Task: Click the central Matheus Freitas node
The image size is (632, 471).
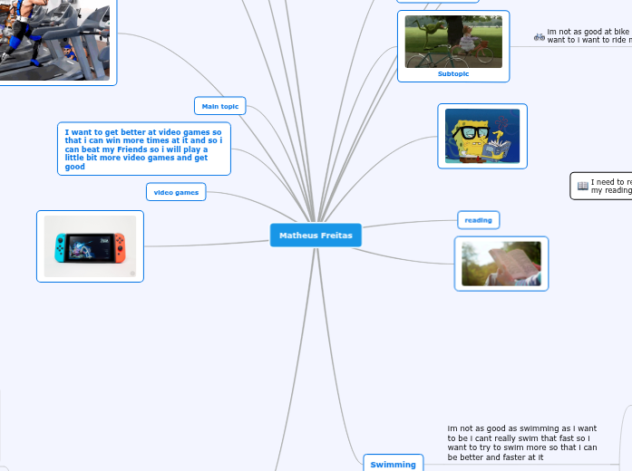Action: pyautogui.click(x=316, y=235)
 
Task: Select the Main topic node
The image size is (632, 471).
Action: pyautogui.click(x=220, y=106)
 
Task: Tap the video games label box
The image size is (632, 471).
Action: pyautogui.click(x=176, y=192)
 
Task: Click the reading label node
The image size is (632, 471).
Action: pyautogui.click(x=478, y=220)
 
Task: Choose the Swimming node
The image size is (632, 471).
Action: pyautogui.click(x=393, y=465)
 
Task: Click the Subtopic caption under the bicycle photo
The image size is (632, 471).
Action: pyautogui.click(x=453, y=74)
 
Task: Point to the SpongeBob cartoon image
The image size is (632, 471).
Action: pyautogui.click(x=482, y=137)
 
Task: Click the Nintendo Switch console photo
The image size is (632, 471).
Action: pyautogui.click(x=90, y=245)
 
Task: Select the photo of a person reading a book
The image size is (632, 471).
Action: pyautogui.click(x=501, y=264)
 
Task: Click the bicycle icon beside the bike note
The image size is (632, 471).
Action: pyautogui.click(x=540, y=37)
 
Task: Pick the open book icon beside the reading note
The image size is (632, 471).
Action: pyautogui.click(x=582, y=186)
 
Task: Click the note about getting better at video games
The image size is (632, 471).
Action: pyautogui.click(x=143, y=149)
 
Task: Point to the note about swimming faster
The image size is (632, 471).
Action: pyautogui.click(x=522, y=442)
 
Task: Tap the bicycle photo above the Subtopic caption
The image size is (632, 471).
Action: pyautogui.click(x=453, y=41)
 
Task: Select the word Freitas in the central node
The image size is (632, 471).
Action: pyautogui.click(x=336, y=235)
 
